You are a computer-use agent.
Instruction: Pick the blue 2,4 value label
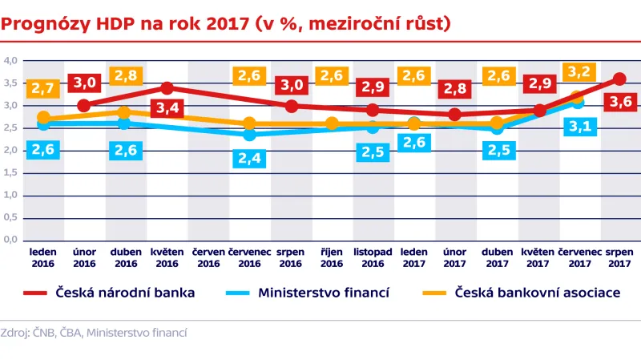(249, 158)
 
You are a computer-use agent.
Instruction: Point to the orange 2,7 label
(43, 88)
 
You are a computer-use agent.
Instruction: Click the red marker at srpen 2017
(619, 79)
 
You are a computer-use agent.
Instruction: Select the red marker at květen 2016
(167, 87)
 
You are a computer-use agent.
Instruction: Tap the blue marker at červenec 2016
(250, 134)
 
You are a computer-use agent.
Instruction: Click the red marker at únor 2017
(455, 114)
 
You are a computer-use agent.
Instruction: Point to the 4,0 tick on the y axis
(10, 60)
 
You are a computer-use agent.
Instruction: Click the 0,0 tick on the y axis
(10, 240)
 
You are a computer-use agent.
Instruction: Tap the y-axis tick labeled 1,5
(10, 172)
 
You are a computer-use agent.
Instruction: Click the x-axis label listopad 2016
(373, 257)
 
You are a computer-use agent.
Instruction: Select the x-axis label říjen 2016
(332, 257)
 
